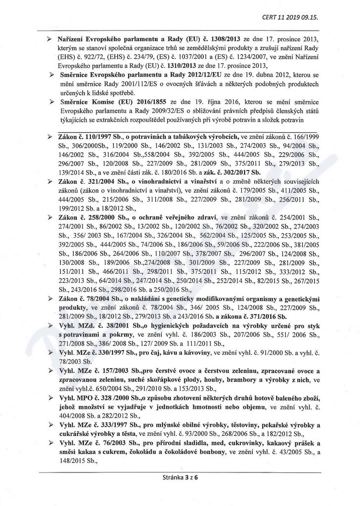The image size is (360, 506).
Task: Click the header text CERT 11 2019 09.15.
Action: pyautogui.click(x=290, y=17)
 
